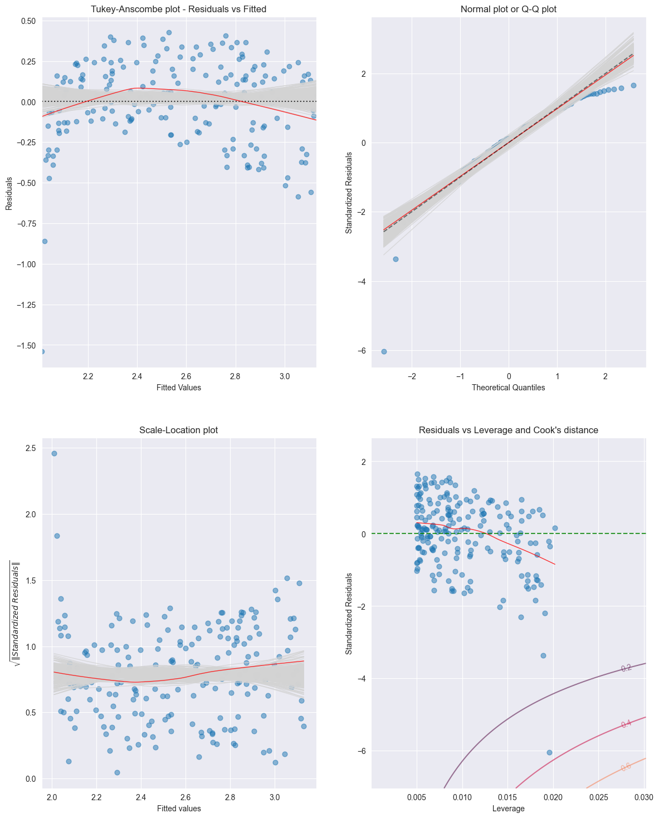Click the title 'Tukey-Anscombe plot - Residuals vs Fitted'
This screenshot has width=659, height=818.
coord(179,9)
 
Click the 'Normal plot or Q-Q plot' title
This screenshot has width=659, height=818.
coord(509,9)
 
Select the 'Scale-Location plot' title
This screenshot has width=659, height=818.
coord(179,430)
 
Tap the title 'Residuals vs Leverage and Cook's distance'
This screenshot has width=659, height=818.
coord(509,430)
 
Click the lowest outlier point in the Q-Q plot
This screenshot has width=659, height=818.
coord(384,351)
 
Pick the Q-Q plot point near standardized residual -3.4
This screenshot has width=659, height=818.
coord(396,259)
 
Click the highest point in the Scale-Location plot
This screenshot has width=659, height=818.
coord(54,453)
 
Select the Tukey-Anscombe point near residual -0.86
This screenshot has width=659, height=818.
coord(45,241)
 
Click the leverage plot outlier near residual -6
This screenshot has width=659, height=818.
coord(549,752)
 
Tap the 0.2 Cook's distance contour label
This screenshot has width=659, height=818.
coord(626,668)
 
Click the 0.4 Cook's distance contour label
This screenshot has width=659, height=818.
coord(626,724)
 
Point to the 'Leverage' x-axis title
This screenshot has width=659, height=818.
coord(509,809)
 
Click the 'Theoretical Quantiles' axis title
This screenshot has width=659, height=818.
coord(509,388)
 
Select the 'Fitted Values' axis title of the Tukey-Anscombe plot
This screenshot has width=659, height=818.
coord(179,388)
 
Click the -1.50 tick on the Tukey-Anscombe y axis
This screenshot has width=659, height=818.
coord(28,346)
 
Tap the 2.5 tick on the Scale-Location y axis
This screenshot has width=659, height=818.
coord(31,448)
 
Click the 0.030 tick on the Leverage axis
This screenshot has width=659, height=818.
coord(644,798)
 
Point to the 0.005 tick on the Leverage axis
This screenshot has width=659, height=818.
coord(417,798)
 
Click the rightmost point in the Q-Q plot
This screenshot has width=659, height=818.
coord(633,85)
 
